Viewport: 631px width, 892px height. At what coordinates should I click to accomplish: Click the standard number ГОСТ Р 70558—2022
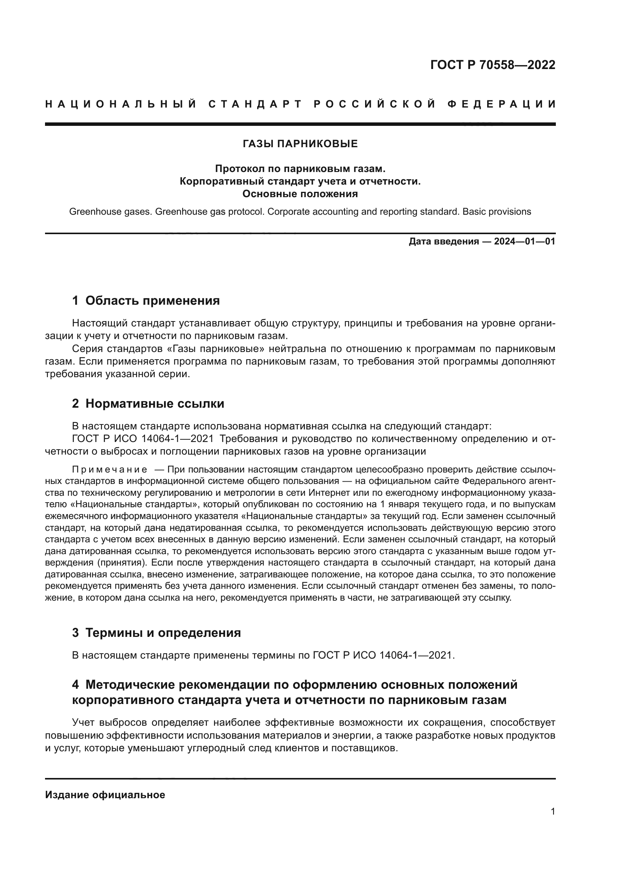[x=493, y=65]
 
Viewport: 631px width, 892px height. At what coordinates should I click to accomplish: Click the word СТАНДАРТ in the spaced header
[x=255, y=104]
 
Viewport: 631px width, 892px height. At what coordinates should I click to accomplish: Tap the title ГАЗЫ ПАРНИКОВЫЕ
[x=300, y=144]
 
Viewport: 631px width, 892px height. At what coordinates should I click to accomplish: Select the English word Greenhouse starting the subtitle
[x=90, y=212]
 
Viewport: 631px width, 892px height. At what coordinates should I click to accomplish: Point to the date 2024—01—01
[x=525, y=242]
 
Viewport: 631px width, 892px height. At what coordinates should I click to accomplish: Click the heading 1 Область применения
[x=146, y=301]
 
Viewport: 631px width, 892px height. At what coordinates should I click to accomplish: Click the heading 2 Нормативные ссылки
[x=148, y=403]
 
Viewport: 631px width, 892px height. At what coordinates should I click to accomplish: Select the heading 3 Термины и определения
[x=156, y=633]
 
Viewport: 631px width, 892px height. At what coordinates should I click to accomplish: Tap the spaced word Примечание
[x=110, y=470]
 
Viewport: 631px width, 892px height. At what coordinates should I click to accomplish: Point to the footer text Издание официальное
[x=105, y=794]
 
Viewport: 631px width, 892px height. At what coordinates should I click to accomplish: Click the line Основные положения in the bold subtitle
[x=300, y=194]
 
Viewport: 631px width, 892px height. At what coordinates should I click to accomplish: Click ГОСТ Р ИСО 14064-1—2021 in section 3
[x=383, y=656]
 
